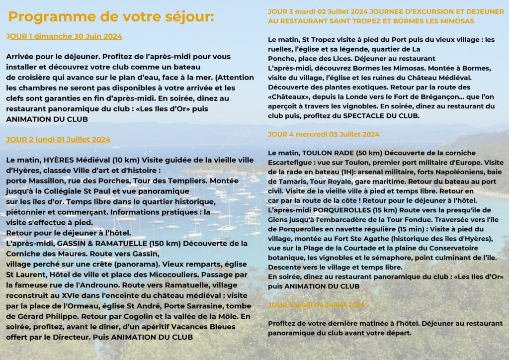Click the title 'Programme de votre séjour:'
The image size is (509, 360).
(111, 17)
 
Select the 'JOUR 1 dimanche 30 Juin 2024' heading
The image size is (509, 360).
(64, 36)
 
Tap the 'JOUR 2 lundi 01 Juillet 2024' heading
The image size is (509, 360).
(58, 140)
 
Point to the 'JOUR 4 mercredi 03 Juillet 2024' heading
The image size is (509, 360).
(324, 134)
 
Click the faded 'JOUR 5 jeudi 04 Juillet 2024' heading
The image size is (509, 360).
(317, 305)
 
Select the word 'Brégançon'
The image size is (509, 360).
(424, 96)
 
